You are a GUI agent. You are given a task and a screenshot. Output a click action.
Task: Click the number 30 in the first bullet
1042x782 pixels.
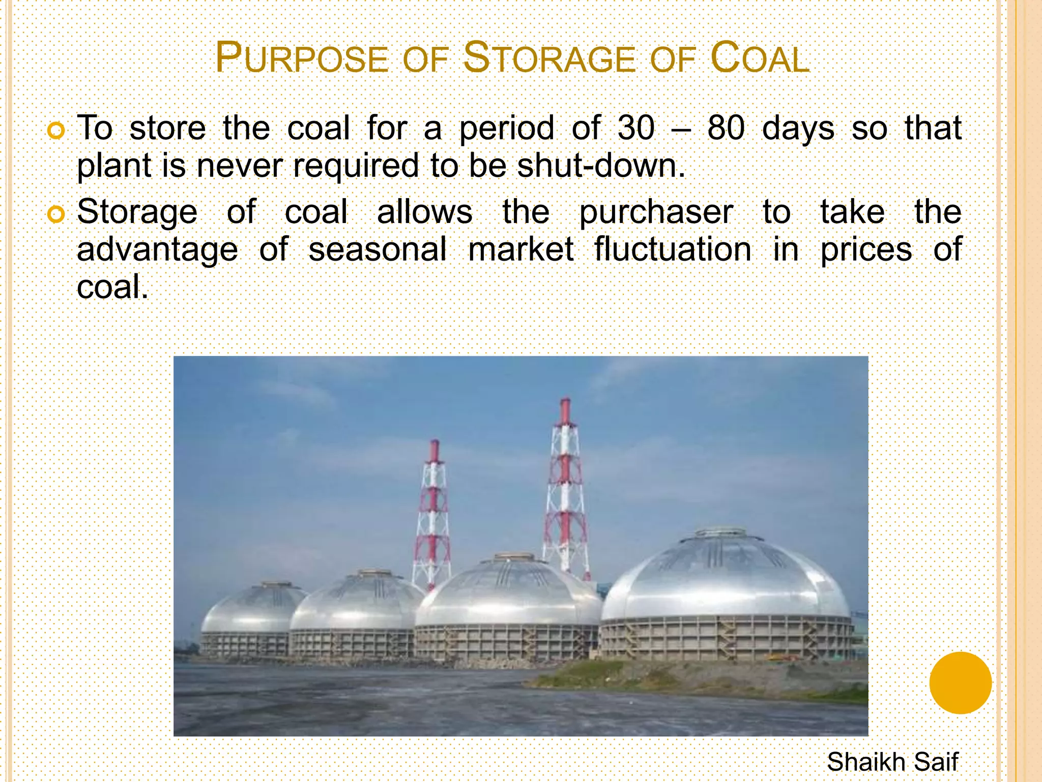[x=636, y=128]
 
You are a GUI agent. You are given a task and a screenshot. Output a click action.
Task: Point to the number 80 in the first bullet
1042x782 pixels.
[x=726, y=128]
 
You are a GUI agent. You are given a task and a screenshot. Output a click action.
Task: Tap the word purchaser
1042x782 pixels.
[x=656, y=212]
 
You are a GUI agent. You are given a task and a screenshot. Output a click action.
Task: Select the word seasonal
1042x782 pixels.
[x=378, y=249]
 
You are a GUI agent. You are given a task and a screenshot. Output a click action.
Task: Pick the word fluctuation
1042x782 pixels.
[x=673, y=249]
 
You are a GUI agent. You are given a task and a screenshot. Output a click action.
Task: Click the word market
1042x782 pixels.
[x=520, y=249]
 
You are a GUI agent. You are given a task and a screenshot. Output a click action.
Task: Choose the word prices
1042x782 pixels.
[x=866, y=250]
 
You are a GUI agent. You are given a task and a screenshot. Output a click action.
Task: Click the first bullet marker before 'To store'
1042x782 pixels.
[x=55, y=131]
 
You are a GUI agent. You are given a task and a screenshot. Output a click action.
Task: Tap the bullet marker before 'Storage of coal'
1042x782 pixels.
[x=55, y=214]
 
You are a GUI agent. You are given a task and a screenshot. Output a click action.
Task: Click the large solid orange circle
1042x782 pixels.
[x=960, y=683]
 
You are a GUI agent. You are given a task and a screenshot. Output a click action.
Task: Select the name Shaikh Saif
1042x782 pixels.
[x=892, y=762]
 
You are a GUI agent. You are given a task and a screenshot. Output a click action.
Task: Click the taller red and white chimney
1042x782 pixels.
[x=565, y=489]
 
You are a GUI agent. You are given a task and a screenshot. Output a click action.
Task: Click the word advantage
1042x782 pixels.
[x=157, y=250]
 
